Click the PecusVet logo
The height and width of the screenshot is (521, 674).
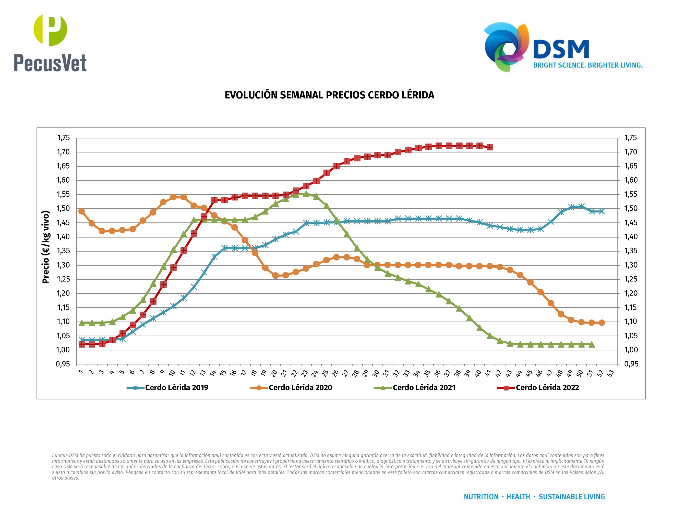tap(50, 43)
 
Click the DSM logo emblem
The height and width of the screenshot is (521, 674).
tap(506, 46)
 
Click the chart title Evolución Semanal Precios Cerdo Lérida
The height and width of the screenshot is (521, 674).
tap(329, 95)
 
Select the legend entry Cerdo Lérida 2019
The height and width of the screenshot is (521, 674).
tap(176, 388)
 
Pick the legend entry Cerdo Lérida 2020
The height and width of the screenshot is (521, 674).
tap(300, 388)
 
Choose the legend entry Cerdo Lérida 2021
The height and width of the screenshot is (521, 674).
tap(424, 388)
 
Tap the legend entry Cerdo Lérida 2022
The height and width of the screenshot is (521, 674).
tap(547, 388)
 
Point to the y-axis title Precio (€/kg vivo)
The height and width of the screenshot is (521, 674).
tap(46, 247)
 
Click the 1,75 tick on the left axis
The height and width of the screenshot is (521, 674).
tap(63, 138)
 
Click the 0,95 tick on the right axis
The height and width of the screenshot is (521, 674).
tap(631, 364)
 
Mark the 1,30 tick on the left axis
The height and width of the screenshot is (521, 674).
tap(63, 265)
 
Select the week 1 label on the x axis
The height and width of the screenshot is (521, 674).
tap(81, 372)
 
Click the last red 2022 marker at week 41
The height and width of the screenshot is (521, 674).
tap(490, 147)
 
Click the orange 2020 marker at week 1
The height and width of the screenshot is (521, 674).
tap(81, 211)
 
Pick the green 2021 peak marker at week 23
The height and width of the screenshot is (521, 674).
tap(306, 194)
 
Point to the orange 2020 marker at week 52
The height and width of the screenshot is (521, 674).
tap(602, 323)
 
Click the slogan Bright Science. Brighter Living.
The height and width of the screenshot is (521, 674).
tap(588, 65)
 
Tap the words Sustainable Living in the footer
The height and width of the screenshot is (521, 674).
tap(572, 497)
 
